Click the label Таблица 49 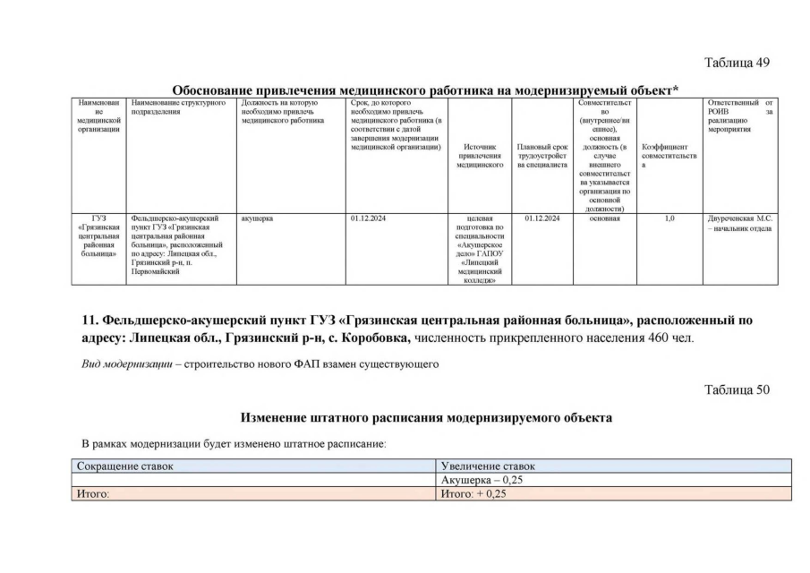point(737,63)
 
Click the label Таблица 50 point(737,389)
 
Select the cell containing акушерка point(258,218)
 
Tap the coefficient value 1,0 point(669,218)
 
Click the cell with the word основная point(605,218)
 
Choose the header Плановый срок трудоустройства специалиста point(542,156)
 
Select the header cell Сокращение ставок point(125,466)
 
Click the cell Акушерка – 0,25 point(482,480)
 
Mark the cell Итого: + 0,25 point(474,493)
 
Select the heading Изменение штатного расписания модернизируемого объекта point(426,418)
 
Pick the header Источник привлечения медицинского point(480,156)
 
